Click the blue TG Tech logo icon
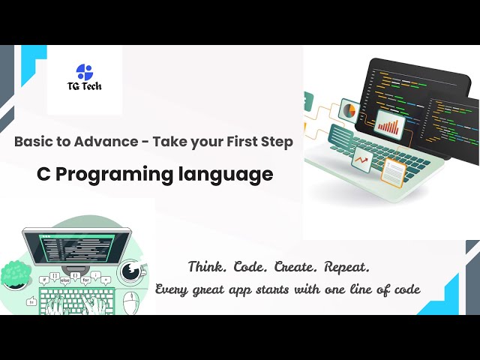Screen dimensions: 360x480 (x=85, y=72)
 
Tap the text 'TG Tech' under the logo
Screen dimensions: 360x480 (x=85, y=86)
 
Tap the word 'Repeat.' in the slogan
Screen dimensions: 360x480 (x=341, y=267)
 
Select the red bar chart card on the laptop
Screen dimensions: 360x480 (x=389, y=123)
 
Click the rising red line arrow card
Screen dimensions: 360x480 (x=362, y=158)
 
